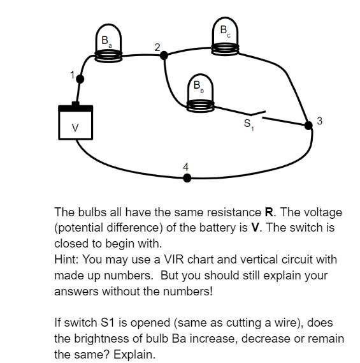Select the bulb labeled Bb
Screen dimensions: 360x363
pos(200,93)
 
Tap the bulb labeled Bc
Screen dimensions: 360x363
pos(225,36)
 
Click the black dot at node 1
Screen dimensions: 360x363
pos(80,79)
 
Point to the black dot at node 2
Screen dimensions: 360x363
pos(164,56)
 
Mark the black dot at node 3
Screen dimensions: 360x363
pos(308,126)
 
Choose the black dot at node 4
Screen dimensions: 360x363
pos(187,178)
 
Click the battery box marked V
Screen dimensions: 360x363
pos(76,122)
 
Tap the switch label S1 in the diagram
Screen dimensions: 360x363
pos(248,124)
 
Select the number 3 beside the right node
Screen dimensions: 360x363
pos(319,121)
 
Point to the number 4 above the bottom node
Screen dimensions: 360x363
pos(185,167)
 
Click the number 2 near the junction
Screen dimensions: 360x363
pos(157,47)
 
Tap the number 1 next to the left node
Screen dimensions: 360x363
pos(73,75)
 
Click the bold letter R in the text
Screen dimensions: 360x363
pos(269,212)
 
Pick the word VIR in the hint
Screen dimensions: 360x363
pos(174,259)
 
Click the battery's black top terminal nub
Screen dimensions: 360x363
pos(75,104)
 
